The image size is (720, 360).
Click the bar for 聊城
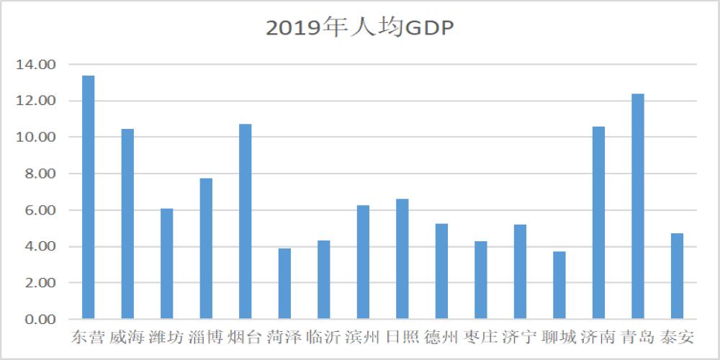click(x=559, y=285)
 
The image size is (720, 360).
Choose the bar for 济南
click(x=598, y=222)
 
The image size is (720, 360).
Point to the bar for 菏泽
click(x=284, y=284)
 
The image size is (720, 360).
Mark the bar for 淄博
click(x=206, y=248)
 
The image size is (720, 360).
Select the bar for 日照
click(x=402, y=258)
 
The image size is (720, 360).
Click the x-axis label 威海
click(x=127, y=338)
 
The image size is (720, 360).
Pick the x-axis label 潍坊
click(x=166, y=338)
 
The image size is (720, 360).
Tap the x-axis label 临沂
click(x=323, y=338)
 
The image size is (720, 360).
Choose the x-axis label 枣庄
click(x=480, y=338)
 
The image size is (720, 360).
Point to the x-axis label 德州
click(x=441, y=338)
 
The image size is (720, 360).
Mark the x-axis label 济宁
click(x=520, y=338)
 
